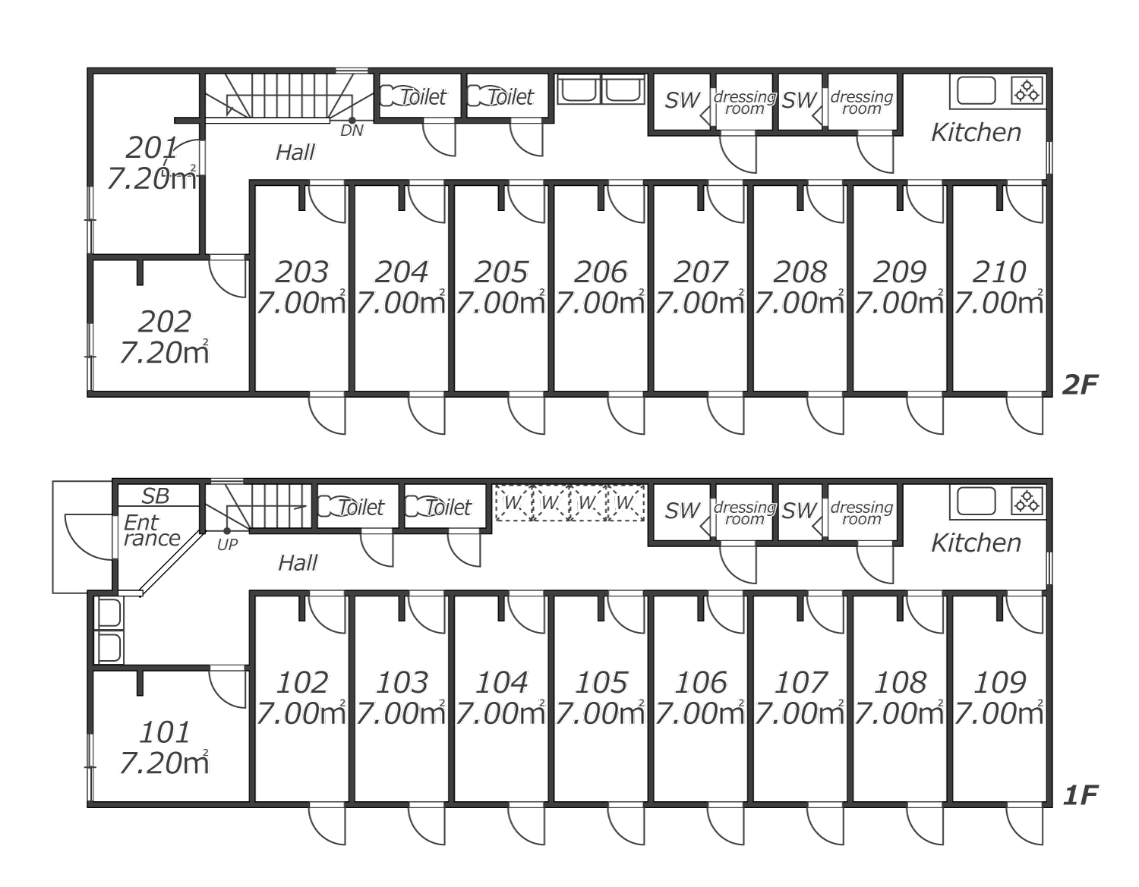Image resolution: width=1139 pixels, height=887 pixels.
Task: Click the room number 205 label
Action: [x=501, y=272]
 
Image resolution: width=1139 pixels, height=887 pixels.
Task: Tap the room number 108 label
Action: [x=900, y=682]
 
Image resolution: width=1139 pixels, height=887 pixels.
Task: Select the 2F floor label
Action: [x=1080, y=385]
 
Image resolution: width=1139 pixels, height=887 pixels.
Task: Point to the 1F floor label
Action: [x=1080, y=795]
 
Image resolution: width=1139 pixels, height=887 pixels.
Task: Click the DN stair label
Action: [x=352, y=131]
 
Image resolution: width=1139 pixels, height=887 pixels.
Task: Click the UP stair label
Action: [x=227, y=544]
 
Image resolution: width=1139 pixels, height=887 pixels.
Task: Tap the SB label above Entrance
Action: [x=156, y=496]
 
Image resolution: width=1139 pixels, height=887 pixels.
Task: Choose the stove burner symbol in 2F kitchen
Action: [x=1027, y=91]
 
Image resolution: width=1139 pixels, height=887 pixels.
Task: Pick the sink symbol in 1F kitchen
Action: [x=976, y=502]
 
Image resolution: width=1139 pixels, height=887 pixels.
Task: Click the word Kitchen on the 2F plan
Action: [x=976, y=133]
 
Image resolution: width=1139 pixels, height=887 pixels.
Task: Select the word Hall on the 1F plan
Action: [x=298, y=563]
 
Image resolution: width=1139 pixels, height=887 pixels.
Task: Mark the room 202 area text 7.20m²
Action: [x=164, y=353]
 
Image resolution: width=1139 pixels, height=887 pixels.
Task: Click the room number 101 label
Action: [x=164, y=732]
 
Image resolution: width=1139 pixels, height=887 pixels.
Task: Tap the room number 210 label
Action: [x=999, y=272]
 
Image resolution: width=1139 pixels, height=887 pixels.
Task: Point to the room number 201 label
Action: [x=151, y=147]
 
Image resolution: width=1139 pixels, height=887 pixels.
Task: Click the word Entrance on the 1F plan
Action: [x=151, y=530]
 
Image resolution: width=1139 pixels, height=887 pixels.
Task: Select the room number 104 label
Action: [x=501, y=682]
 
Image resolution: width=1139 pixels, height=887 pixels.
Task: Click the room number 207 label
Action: [x=700, y=272]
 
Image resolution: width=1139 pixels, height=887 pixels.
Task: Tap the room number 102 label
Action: [x=301, y=682]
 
